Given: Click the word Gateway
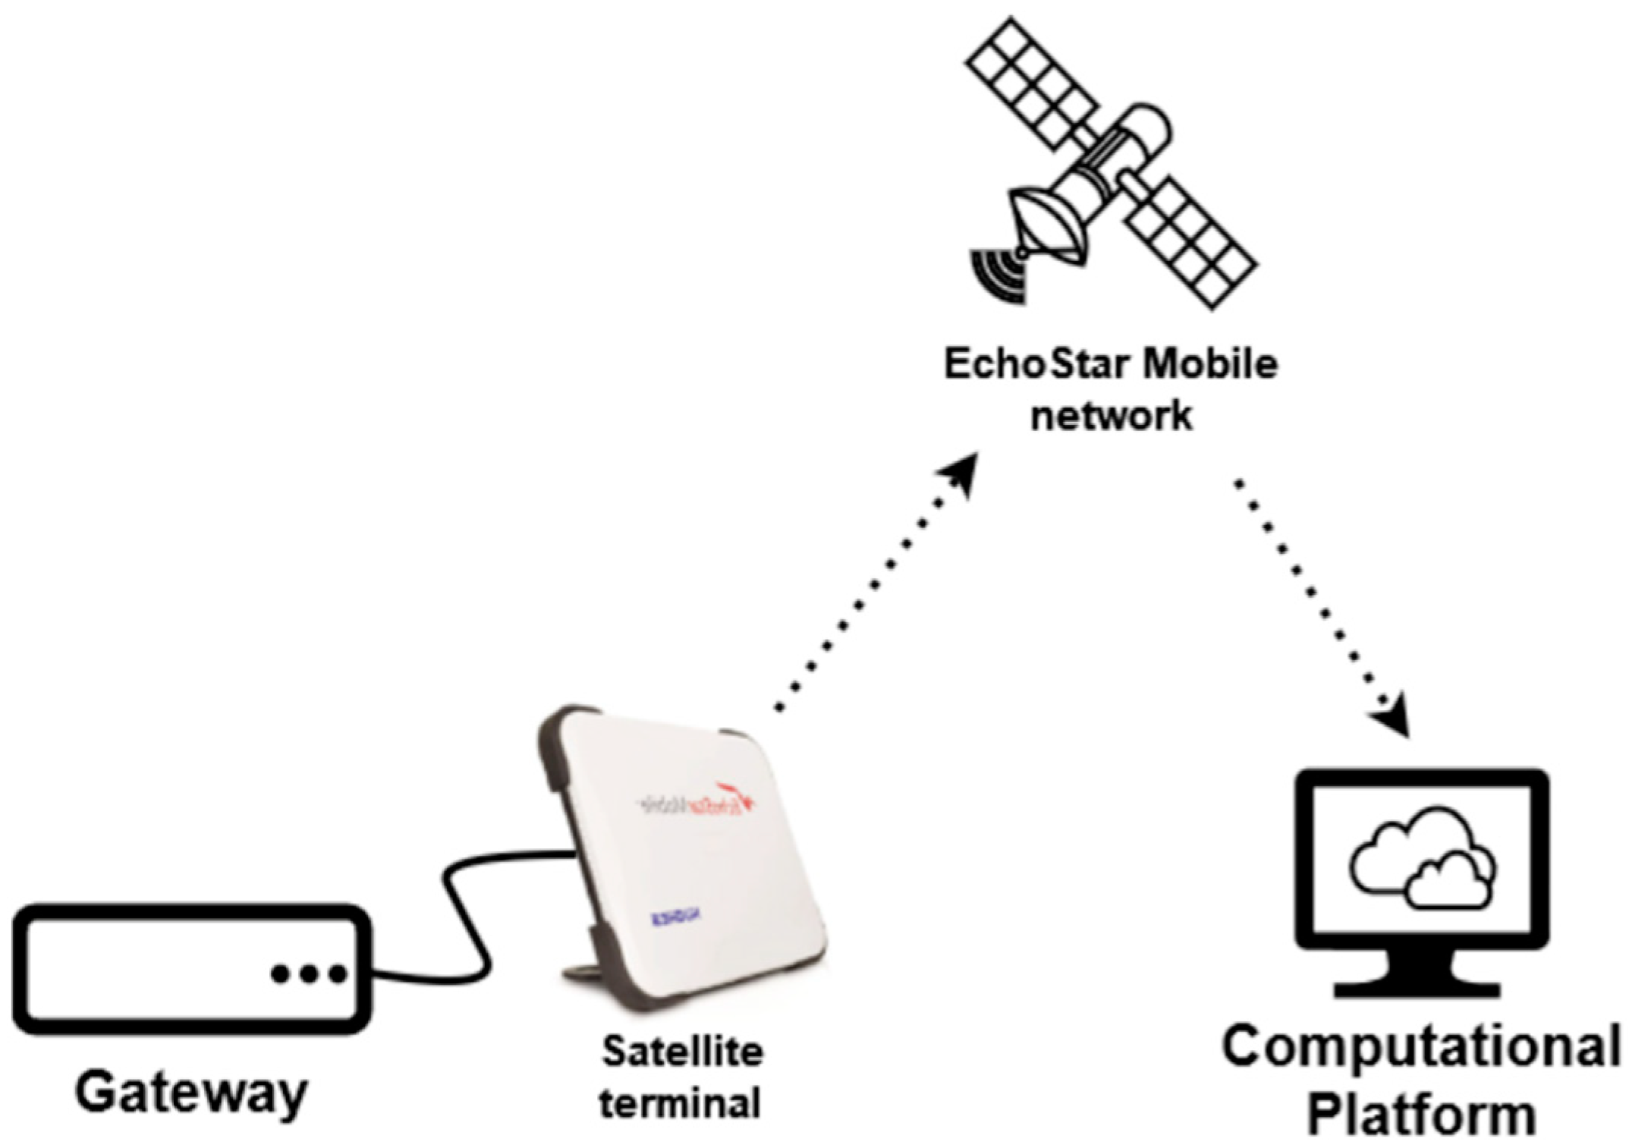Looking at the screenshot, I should (x=191, y=1093).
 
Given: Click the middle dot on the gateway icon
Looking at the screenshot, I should (x=308, y=973).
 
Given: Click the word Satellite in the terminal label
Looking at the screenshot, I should (x=682, y=1052).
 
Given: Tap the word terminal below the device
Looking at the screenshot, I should (x=681, y=1104).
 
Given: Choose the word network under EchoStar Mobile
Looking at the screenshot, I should (x=1111, y=416).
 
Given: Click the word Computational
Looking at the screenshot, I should (x=1420, y=1048).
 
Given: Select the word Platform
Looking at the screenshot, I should (x=1420, y=1113).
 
